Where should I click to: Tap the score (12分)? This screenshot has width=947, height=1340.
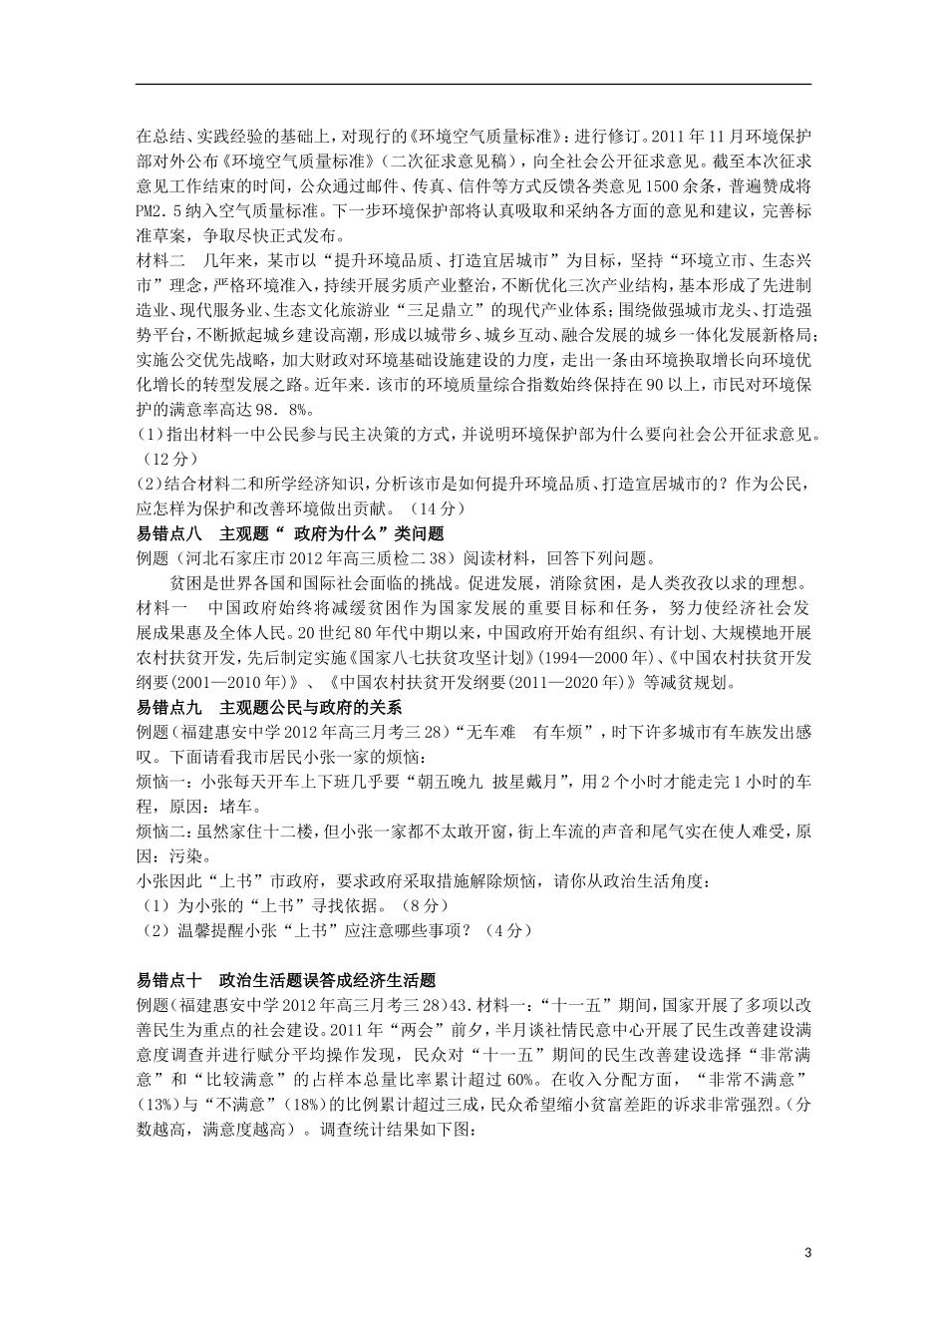coord(166,459)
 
